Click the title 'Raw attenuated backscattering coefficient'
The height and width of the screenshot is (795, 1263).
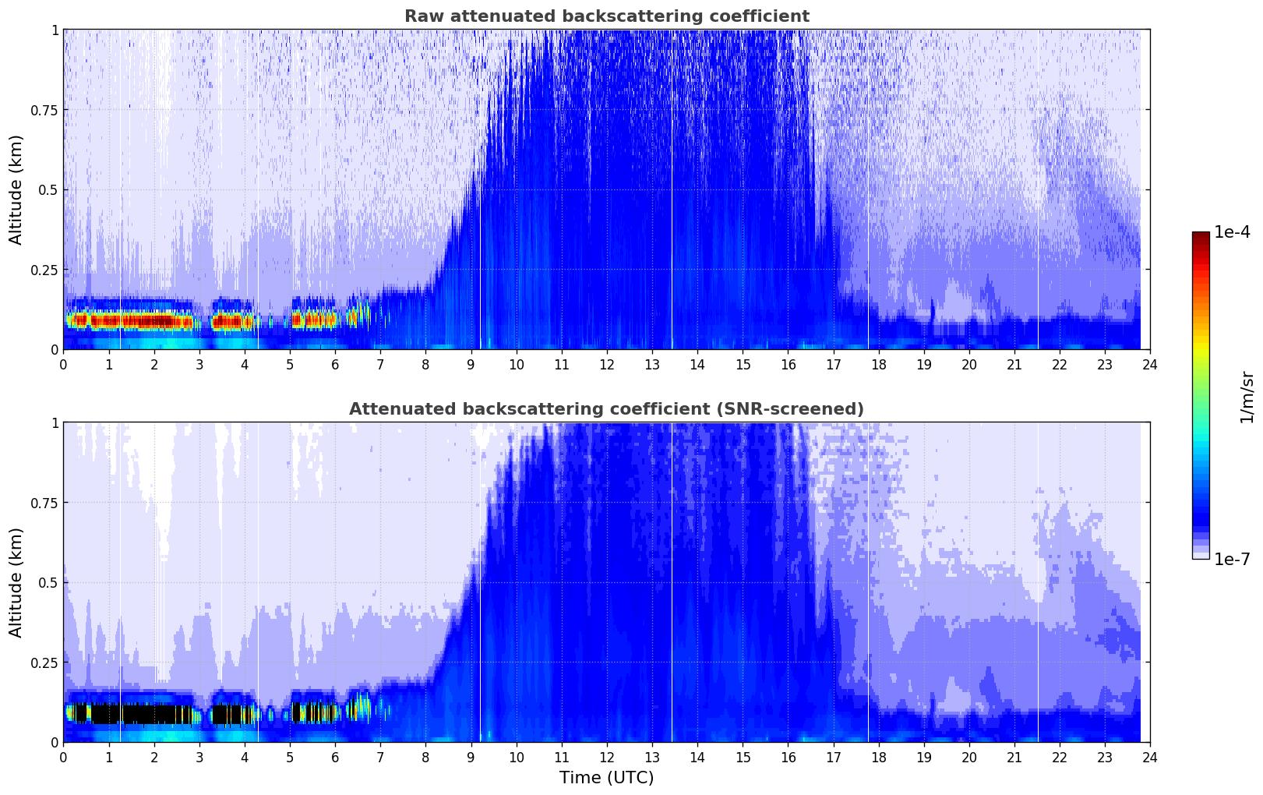pos(606,16)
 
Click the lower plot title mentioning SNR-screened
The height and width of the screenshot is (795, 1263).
pos(606,409)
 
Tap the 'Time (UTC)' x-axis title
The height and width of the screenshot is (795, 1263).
pos(606,778)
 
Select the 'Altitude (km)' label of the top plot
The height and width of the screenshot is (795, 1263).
pos(16,189)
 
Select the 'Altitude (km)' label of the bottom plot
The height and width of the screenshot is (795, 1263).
pos(16,582)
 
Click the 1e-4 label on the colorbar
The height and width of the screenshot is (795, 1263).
pos(1232,232)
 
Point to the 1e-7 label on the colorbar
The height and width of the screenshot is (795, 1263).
pos(1232,559)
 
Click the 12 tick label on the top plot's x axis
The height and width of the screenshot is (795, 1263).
pos(607,364)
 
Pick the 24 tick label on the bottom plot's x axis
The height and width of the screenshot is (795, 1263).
pos(1150,757)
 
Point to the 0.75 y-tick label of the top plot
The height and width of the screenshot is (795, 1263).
pos(44,110)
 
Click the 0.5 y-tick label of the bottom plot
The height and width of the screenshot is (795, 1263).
pos(48,582)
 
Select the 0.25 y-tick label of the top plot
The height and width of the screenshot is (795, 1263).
pos(44,270)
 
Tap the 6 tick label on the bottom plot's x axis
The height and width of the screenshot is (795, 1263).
pos(335,757)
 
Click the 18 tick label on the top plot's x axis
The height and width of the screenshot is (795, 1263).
pos(878,364)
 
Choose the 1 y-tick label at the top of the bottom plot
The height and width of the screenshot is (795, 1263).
pos(55,422)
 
